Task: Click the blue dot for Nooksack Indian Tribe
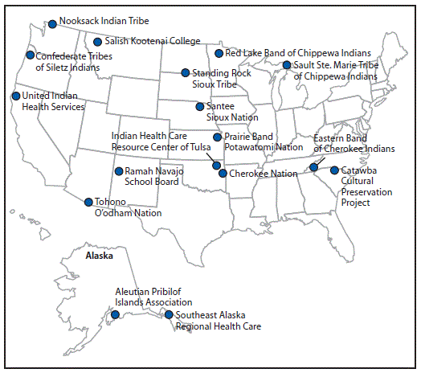[53, 24]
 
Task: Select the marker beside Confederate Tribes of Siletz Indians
[31, 55]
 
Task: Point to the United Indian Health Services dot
[16, 96]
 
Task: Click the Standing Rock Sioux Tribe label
[221, 78]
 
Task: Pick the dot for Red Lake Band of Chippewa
[219, 54]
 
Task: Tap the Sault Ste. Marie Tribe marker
[287, 65]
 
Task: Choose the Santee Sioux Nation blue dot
[200, 106]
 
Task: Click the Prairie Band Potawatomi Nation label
[263, 142]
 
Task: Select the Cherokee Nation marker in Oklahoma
[223, 173]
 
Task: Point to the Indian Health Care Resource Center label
[161, 141]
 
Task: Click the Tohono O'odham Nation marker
[88, 202]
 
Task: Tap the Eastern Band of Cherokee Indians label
[354, 143]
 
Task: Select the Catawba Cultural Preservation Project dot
[334, 170]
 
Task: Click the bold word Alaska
[100, 256]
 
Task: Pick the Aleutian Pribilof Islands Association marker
[116, 314]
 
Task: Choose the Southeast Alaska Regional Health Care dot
[169, 314]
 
